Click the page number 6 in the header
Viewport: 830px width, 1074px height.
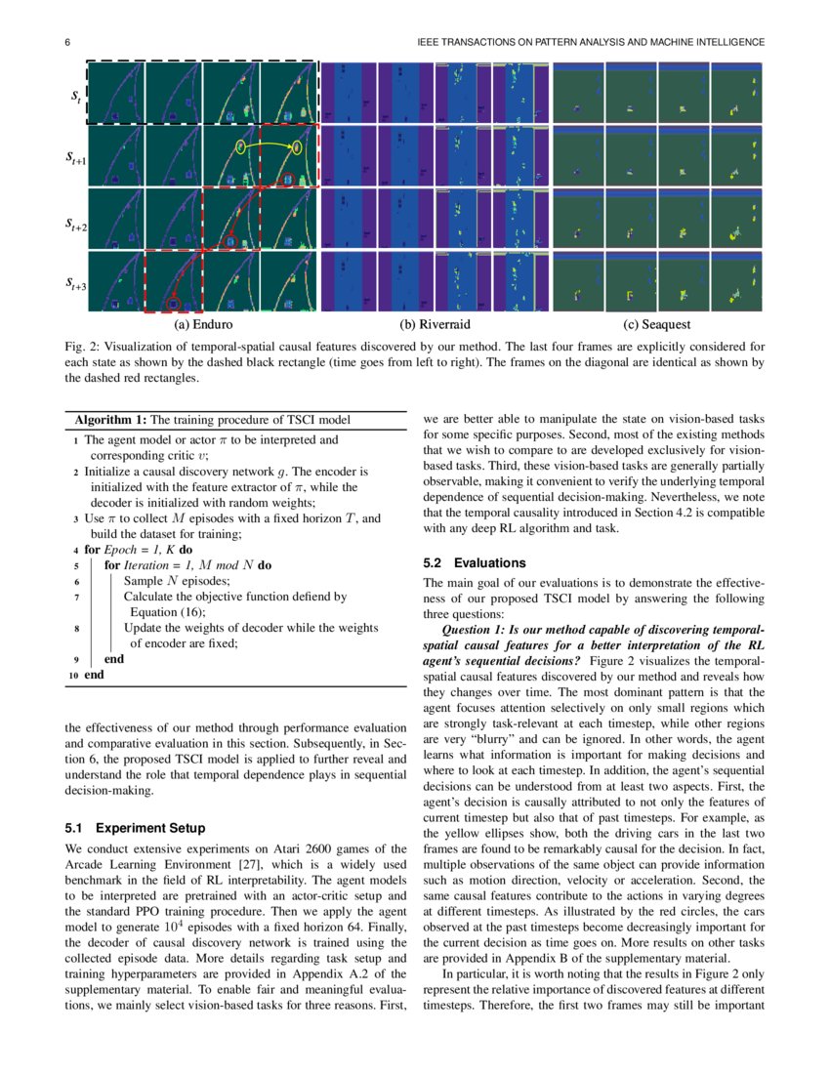(67, 42)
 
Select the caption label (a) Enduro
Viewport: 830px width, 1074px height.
(203, 324)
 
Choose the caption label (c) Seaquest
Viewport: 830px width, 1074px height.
(656, 324)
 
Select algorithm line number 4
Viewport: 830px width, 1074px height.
(76, 550)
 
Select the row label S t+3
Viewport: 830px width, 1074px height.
(76, 285)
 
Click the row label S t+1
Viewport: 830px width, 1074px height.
(76, 160)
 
